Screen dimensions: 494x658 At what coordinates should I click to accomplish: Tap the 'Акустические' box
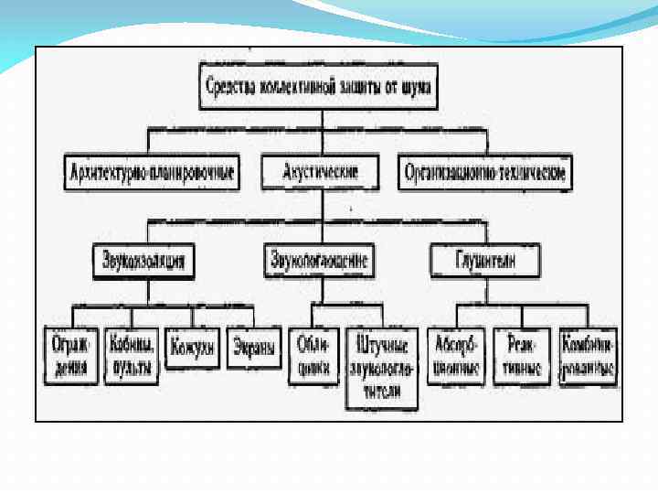320,171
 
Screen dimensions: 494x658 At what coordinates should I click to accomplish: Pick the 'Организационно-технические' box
486,172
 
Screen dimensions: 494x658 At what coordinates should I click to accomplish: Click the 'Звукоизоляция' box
143,261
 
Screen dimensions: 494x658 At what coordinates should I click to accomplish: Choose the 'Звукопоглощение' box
319,261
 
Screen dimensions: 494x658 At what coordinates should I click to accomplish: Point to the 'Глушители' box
485,261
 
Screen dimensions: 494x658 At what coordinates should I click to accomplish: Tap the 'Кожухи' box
192,349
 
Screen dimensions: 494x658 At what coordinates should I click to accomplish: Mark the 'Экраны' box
252,349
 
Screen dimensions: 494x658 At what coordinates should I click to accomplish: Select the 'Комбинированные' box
588,355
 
